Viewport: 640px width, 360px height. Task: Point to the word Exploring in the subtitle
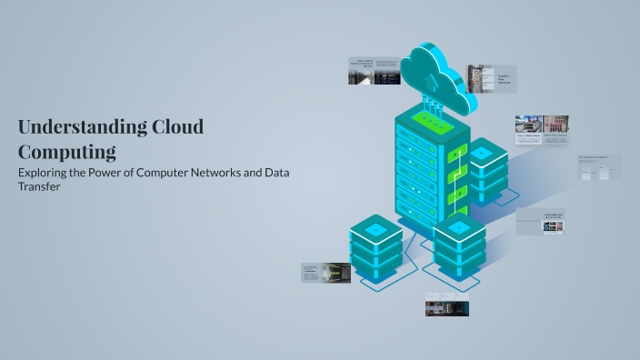click(46, 173)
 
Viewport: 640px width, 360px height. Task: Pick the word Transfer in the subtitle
click(41, 188)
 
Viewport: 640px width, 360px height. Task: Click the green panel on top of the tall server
click(432, 119)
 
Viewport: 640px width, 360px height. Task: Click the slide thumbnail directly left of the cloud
click(374, 71)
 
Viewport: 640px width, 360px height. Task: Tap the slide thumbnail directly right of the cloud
click(491, 78)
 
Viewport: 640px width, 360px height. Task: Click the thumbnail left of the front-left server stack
click(325, 273)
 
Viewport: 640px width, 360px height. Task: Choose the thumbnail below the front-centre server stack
click(446, 305)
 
